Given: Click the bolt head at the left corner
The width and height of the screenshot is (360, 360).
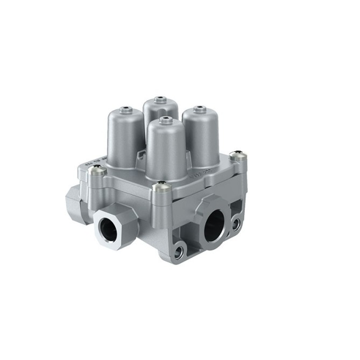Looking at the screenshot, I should tap(96, 171).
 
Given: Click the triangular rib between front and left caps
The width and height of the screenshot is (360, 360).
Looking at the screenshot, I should tap(140, 156).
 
